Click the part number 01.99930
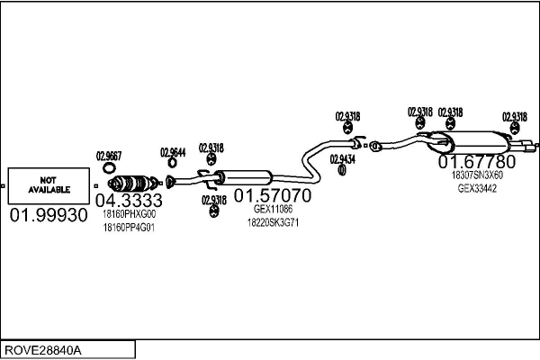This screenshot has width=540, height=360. pyautogui.click(x=49, y=216)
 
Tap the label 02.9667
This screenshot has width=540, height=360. pyautogui.click(x=109, y=155)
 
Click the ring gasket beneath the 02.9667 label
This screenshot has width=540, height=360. pyautogui.click(x=109, y=167)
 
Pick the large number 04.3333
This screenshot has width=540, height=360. pyautogui.click(x=128, y=200)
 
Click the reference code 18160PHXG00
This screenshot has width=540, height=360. pyautogui.click(x=129, y=215)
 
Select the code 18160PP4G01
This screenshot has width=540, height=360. pyautogui.click(x=129, y=228)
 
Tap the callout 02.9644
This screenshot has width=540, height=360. pyautogui.click(x=173, y=152)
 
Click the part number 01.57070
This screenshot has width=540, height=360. pyautogui.click(x=273, y=194)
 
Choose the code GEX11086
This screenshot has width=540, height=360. pyautogui.click(x=273, y=209)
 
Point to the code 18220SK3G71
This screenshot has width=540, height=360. pyautogui.click(x=273, y=221)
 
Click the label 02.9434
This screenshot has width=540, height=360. pyautogui.click(x=342, y=158)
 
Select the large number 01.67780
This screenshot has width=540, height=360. pyautogui.click(x=477, y=162)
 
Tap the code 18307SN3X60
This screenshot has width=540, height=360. pyautogui.click(x=477, y=175)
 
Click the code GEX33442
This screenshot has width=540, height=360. pyautogui.click(x=477, y=189)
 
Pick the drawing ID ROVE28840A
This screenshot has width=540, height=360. pyautogui.click(x=42, y=348)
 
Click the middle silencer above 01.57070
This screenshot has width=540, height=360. pyautogui.click(x=244, y=176)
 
